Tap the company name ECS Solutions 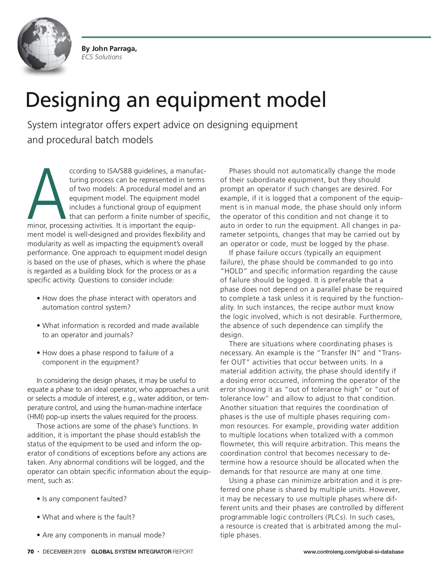click(102, 57)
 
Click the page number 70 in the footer click(31, 552)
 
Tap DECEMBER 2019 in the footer click(64, 552)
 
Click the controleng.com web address click(353, 552)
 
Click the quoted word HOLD click(234, 271)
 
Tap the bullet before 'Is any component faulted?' click(38, 499)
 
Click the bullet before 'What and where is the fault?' click(38, 517)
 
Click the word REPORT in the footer click(183, 552)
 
